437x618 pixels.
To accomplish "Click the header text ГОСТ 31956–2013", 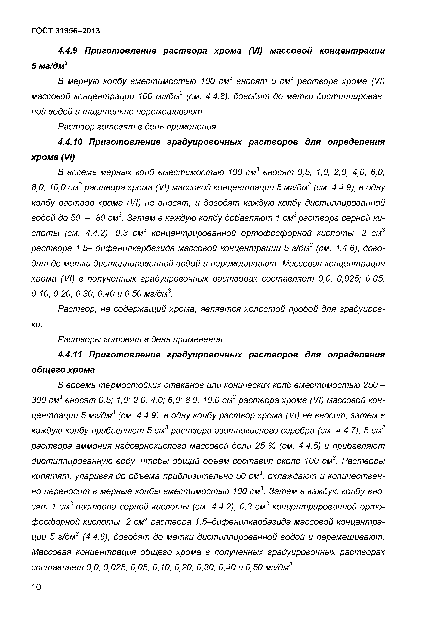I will [65, 31].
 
